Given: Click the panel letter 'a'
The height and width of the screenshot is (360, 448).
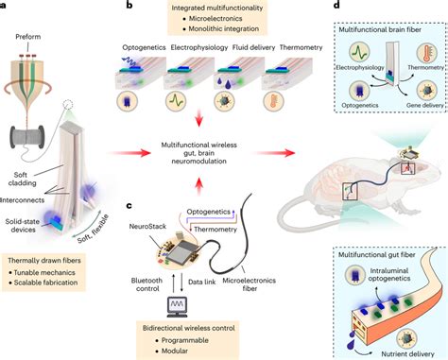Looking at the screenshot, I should tap(6, 6).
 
